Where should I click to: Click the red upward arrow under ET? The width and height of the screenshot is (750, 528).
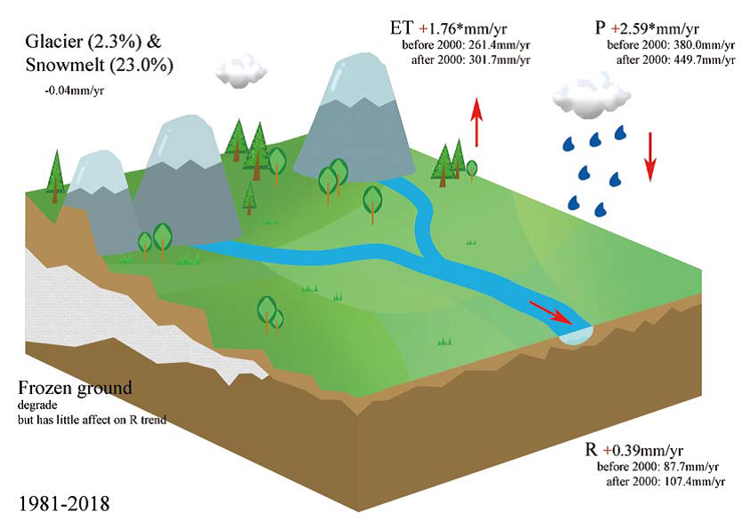click(476, 122)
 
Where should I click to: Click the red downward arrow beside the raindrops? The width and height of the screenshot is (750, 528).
click(650, 155)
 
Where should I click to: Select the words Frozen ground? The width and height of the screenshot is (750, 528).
click(76, 388)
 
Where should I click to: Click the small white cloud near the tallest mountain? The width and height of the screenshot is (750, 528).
click(242, 71)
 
